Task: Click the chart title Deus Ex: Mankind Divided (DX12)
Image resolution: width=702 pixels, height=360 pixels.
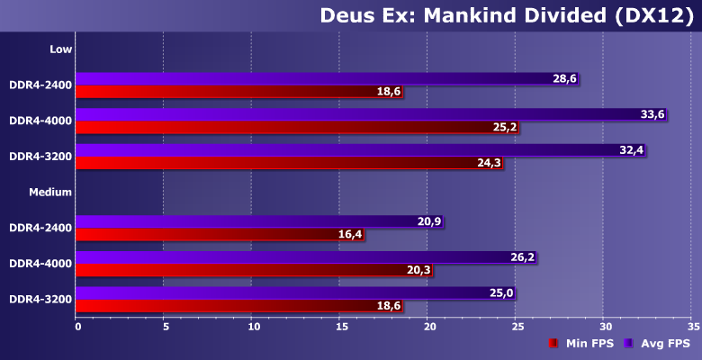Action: click(x=507, y=15)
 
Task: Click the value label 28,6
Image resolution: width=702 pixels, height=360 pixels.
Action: click(x=564, y=79)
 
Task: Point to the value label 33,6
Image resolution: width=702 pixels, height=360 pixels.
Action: click(x=652, y=114)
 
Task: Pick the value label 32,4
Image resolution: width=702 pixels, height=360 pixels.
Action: click(x=632, y=150)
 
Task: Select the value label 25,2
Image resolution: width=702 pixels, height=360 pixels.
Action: click(x=504, y=128)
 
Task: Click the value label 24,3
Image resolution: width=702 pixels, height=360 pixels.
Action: click(x=490, y=163)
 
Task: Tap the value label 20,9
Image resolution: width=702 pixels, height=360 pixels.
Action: click(x=429, y=221)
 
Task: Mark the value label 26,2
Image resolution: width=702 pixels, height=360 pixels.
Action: click(x=522, y=257)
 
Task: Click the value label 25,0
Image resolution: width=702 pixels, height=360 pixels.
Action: click(x=501, y=293)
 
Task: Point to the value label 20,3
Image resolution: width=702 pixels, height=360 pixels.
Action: click(x=418, y=270)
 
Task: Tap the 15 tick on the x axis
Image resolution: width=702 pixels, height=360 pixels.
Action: click(x=339, y=326)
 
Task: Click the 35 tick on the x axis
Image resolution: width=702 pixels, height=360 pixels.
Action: click(x=691, y=326)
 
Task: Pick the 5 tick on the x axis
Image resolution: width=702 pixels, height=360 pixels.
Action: click(x=164, y=326)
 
